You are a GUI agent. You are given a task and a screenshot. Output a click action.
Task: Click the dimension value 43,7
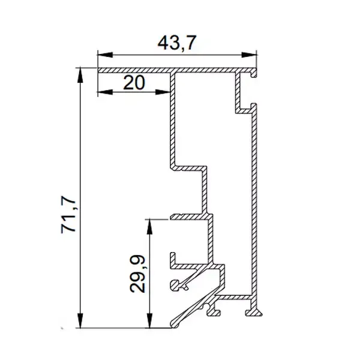tap(177, 43)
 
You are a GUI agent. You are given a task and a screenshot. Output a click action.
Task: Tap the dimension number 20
tap(134, 83)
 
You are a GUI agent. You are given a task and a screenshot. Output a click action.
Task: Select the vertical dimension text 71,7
tap(68, 214)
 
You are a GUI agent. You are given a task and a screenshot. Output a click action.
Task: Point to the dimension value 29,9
tap(137, 274)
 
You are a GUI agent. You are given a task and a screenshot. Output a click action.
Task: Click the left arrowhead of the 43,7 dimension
tap(105, 55)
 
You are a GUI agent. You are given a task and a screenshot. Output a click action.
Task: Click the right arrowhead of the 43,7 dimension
tap(248, 55)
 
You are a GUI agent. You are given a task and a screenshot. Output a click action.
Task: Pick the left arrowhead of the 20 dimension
tap(105, 92)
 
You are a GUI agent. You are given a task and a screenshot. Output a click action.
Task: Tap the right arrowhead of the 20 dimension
tap(163, 92)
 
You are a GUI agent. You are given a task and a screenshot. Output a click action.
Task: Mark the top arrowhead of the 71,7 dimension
tap(80, 75)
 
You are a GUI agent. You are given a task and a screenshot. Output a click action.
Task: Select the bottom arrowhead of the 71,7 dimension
tap(80, 320)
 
